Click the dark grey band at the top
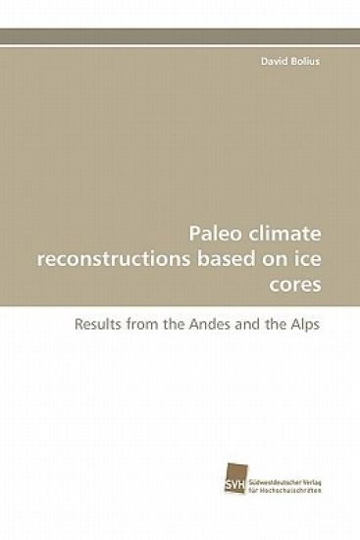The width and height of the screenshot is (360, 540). tap(180, 35)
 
